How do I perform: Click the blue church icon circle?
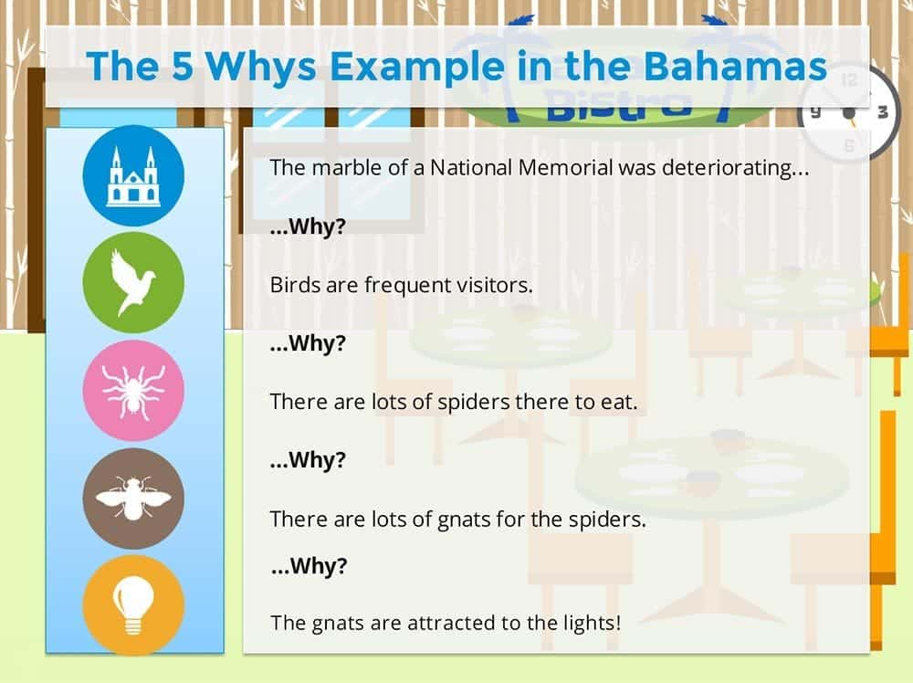[x=133, y=175]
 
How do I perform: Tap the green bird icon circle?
[x=133, y=282]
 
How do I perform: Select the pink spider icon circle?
[x=133, y=390]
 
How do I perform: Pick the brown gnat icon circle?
[x=133, y=499]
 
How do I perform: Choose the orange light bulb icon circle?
[x=133, y=605]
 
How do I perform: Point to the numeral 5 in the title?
[x=183, y=66]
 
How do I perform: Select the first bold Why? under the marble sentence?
[x=308, y=226]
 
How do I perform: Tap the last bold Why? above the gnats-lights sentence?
[x=309, y=566]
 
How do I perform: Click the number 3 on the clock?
[x=883, y=111]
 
